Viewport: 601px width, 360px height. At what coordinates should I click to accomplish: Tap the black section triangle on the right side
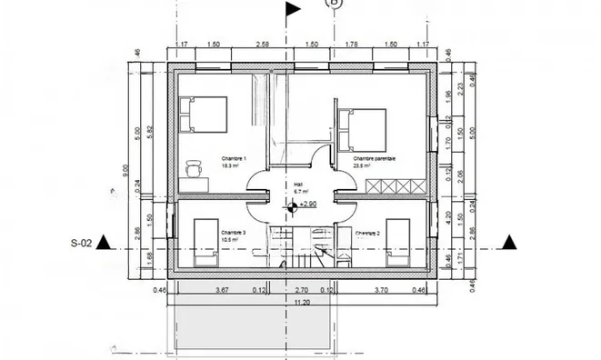tap(510, 242)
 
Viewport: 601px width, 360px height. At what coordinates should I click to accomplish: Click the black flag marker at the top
tap(294, 10)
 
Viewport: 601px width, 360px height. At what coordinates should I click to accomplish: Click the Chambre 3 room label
tap(233, 233)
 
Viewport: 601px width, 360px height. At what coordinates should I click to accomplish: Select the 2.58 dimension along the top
tap(262, 44)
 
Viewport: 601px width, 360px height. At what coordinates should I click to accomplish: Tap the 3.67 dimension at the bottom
tap(219, 290)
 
